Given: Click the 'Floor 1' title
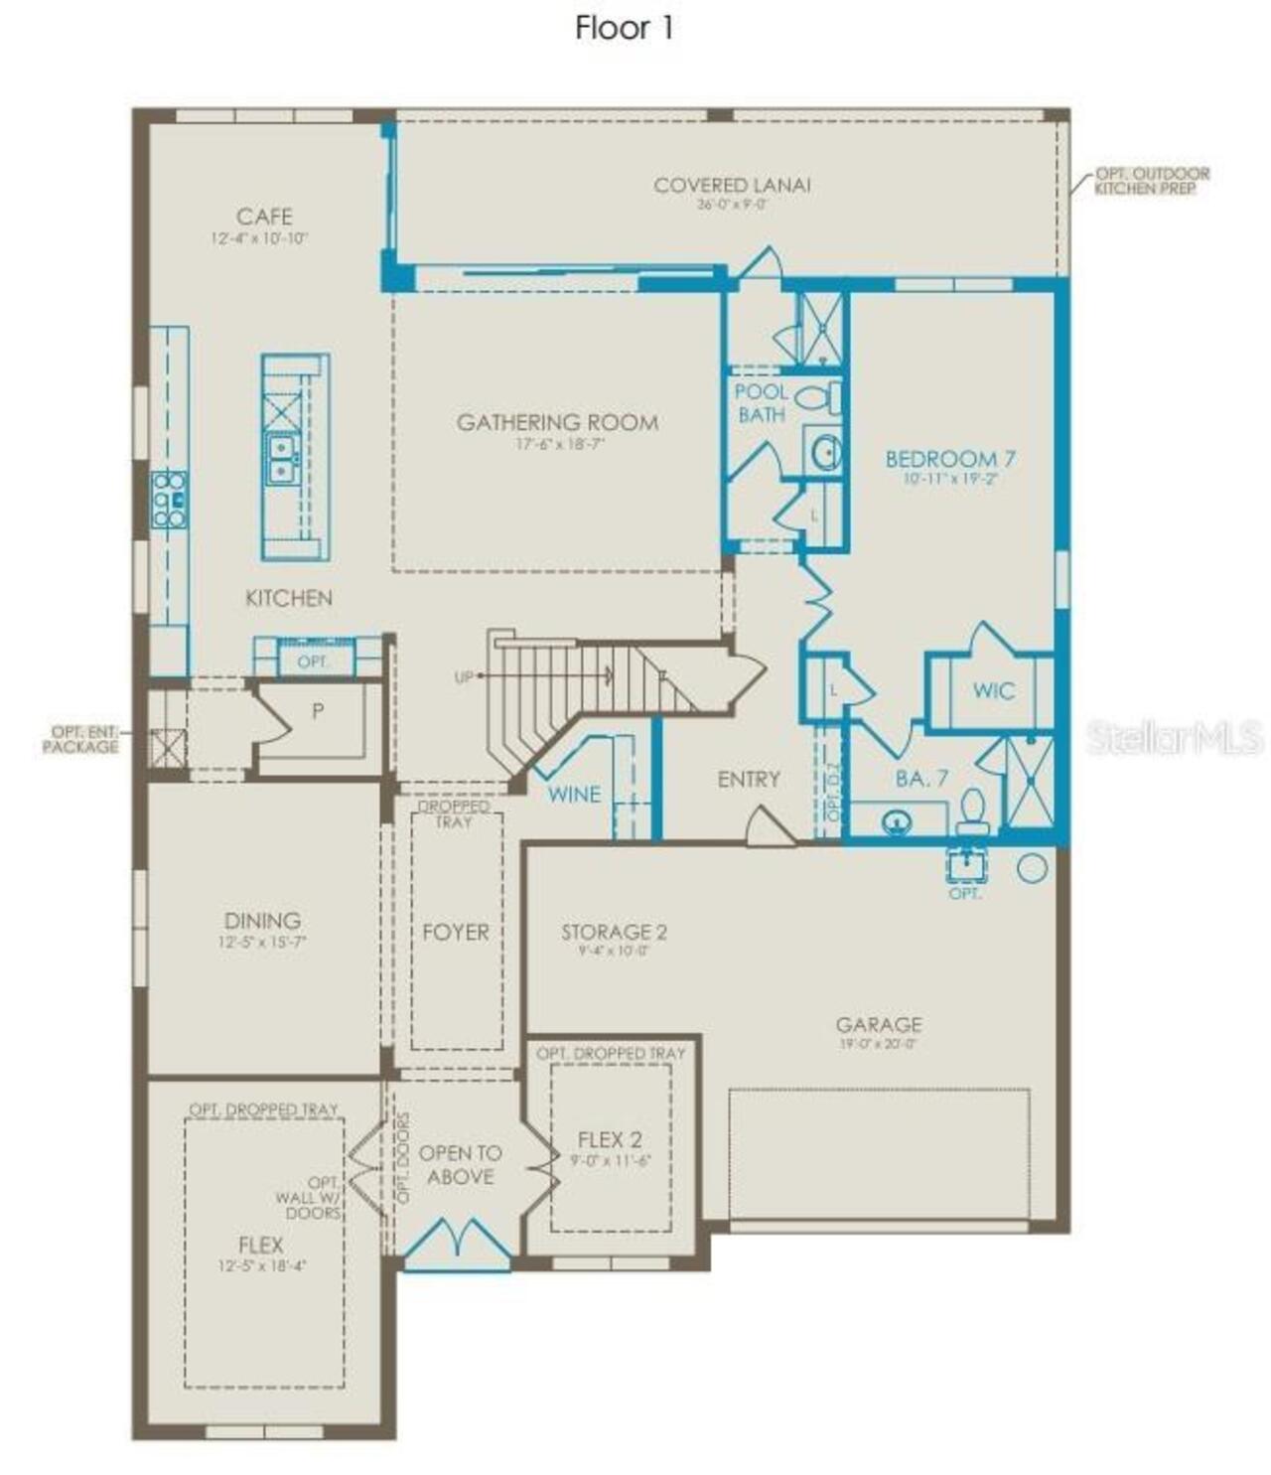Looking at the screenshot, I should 625,28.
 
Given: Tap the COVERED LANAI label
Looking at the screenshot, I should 732,186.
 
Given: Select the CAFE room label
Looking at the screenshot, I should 264,217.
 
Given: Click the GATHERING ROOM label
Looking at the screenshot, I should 557,423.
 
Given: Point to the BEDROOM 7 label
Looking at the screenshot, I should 950,459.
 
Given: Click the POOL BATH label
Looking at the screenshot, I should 762,403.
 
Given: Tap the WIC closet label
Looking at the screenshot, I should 994,690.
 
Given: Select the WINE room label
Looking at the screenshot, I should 574,795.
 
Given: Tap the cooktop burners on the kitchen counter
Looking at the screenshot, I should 169,499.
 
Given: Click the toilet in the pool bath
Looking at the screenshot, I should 817,398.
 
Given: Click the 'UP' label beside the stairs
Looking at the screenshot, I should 464,677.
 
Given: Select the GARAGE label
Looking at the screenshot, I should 878,1025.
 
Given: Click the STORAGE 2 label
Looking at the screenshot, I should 614,933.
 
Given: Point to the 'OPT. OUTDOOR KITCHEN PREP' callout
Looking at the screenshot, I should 1152,181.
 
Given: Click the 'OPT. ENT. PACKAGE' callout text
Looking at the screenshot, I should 80,739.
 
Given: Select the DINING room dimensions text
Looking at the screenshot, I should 262,943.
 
